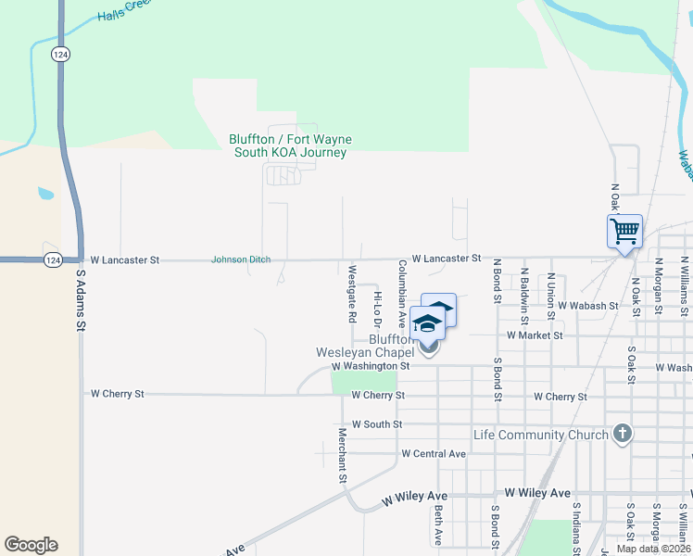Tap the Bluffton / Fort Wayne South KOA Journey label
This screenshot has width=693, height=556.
point(290,146)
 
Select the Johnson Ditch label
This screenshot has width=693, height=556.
point(241,259)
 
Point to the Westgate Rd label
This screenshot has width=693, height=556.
point(352,294)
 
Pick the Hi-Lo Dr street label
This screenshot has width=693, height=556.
point(377,309)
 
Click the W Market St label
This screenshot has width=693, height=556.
point(535,335)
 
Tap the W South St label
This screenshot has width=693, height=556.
point(371,424)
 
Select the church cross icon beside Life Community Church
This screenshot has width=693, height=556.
point(623,434)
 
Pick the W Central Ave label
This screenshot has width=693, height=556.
point(434,454)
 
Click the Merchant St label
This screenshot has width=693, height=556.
point(342,455)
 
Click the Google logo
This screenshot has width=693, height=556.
point(31,545)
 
